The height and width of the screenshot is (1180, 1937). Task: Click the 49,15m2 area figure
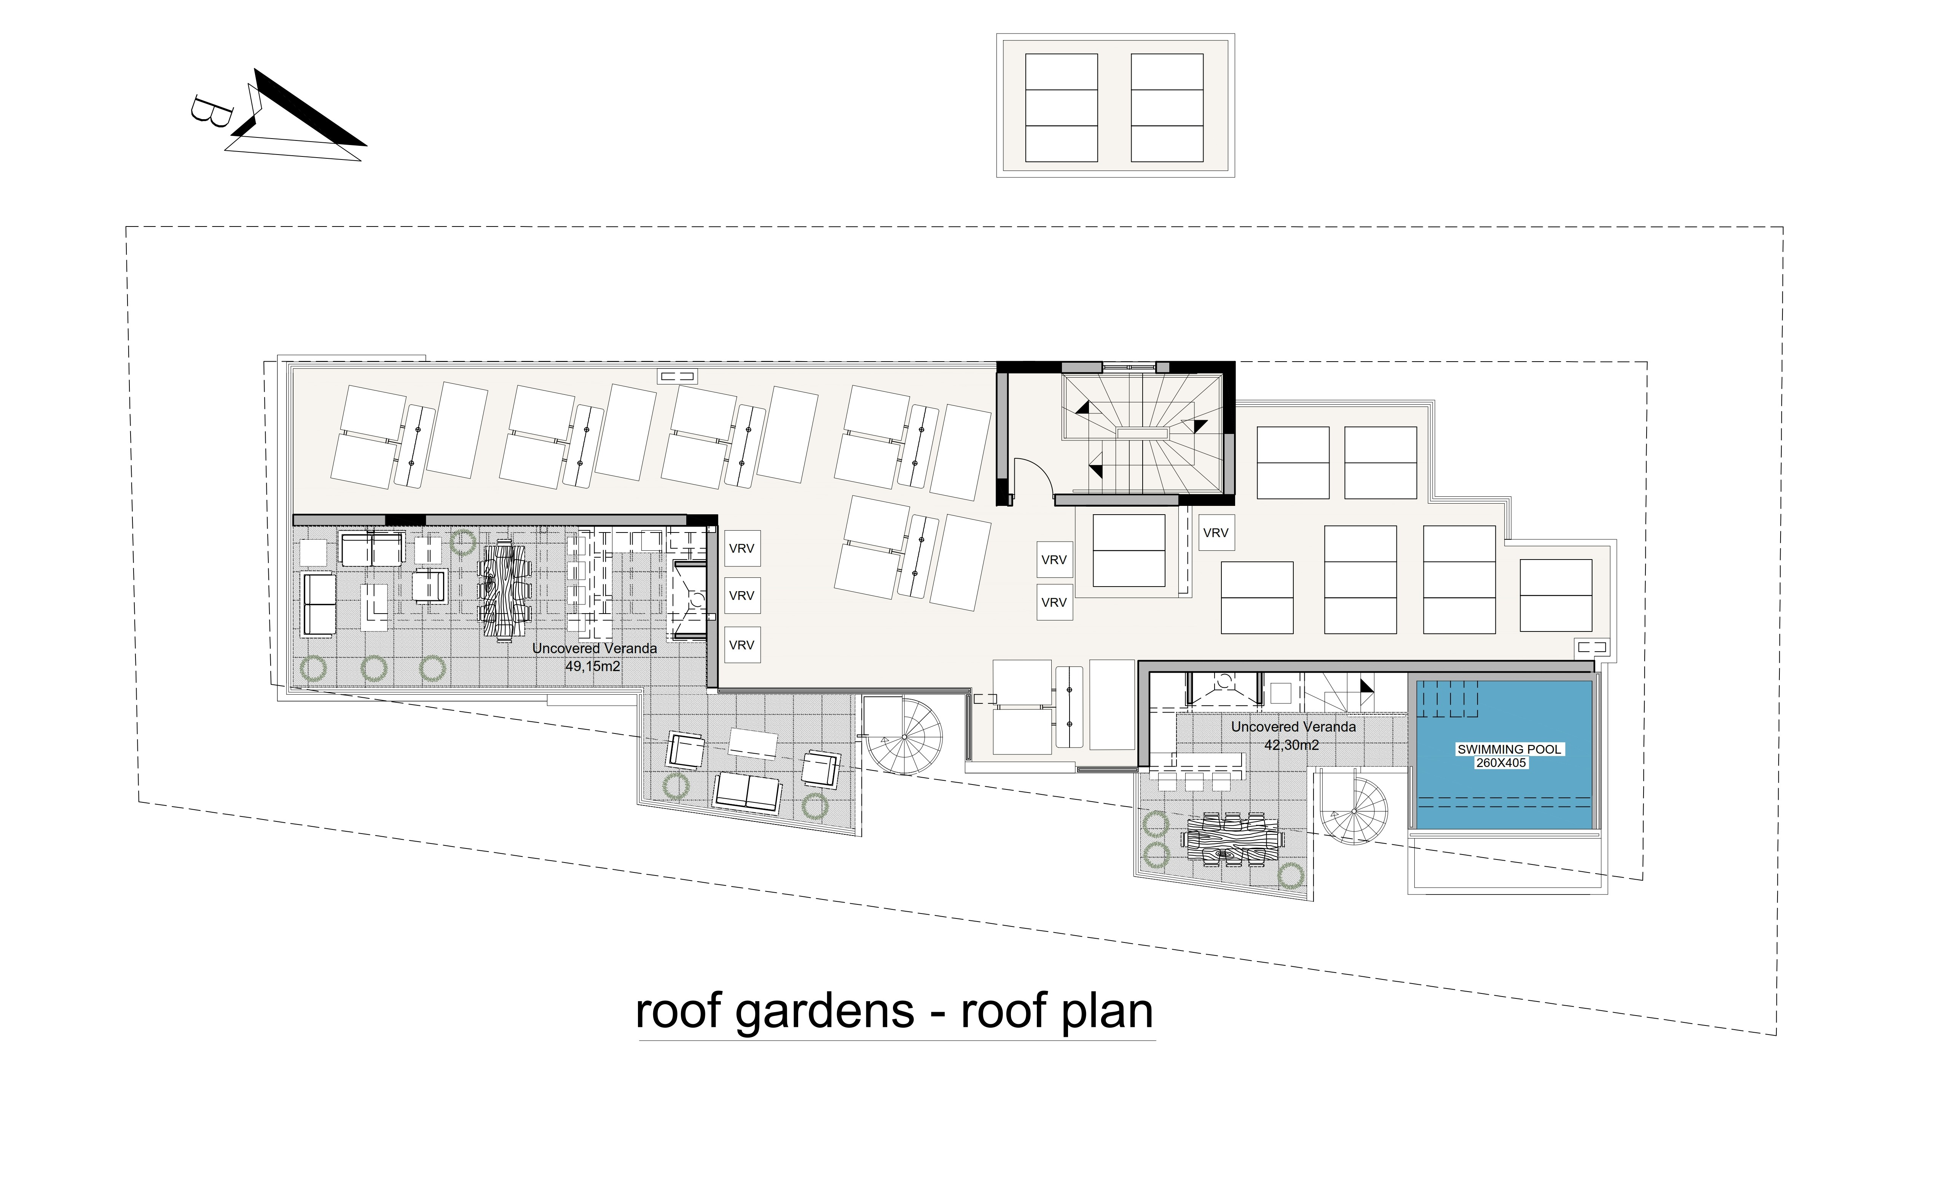tap(593, 667)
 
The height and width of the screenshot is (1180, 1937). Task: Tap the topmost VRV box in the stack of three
tap(741, 548)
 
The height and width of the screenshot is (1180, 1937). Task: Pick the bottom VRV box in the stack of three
tap(741, 645)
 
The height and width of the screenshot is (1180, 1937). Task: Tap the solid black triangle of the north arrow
tap(306, 110)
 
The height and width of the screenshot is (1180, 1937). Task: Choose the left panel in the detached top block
tap(1061, 108)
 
